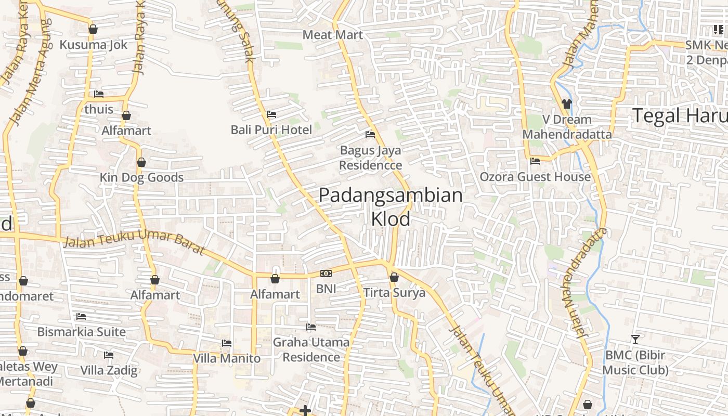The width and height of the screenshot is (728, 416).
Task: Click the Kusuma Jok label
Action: pos(93,45)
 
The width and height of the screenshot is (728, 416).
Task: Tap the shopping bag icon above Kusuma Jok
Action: pos(93,29)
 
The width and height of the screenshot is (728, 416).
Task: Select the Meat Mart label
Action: pos(332,35)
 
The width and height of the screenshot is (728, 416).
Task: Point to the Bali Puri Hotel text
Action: pos(271,130)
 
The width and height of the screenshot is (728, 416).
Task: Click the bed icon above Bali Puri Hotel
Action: pos(271,114)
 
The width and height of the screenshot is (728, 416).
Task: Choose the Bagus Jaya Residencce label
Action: pos(371,158)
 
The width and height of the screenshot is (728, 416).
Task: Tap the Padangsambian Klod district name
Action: pos(391,207)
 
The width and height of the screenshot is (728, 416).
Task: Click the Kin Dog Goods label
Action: pos(141,178)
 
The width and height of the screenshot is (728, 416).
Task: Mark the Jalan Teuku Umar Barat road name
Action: pos(134,243)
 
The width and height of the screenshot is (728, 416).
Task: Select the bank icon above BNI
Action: pos(326,274)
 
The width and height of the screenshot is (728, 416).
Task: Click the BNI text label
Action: pos(326,289)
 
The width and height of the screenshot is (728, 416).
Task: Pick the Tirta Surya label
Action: pos(394,293)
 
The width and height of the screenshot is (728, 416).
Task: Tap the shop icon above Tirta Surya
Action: pos(394,278)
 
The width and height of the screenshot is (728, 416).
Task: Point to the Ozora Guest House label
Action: pos(535,177)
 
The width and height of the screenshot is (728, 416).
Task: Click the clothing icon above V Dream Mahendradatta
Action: pos(567,104)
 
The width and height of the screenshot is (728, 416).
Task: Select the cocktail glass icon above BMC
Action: pos(635,340)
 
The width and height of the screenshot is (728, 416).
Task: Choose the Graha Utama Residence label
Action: pos(311,350)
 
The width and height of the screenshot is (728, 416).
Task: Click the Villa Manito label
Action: pos(227,358)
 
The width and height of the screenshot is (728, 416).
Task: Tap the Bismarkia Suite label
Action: pos(81,332)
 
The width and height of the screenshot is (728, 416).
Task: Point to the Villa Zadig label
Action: pos(109,371)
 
